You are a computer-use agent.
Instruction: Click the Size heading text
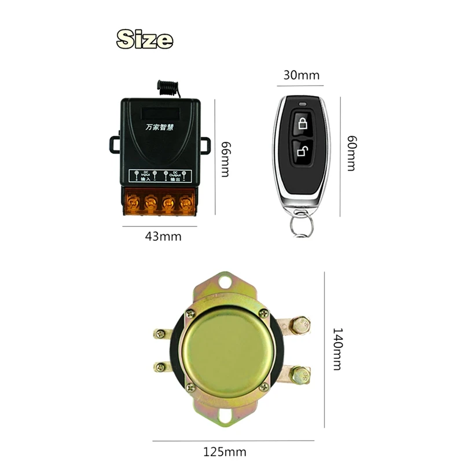coord(145,39)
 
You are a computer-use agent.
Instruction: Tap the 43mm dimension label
coord(163,236)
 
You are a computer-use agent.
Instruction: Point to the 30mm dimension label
coord(302,75)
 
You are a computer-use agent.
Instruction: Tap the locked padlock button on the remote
coord(302,123)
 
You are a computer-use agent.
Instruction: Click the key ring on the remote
coord(299,225)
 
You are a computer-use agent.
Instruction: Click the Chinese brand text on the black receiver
coord(161,125)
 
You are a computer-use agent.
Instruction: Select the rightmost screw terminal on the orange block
coord(186,202)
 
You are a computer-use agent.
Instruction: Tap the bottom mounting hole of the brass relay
coord(227,415)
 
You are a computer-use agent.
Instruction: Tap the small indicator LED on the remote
coord(302,105)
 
